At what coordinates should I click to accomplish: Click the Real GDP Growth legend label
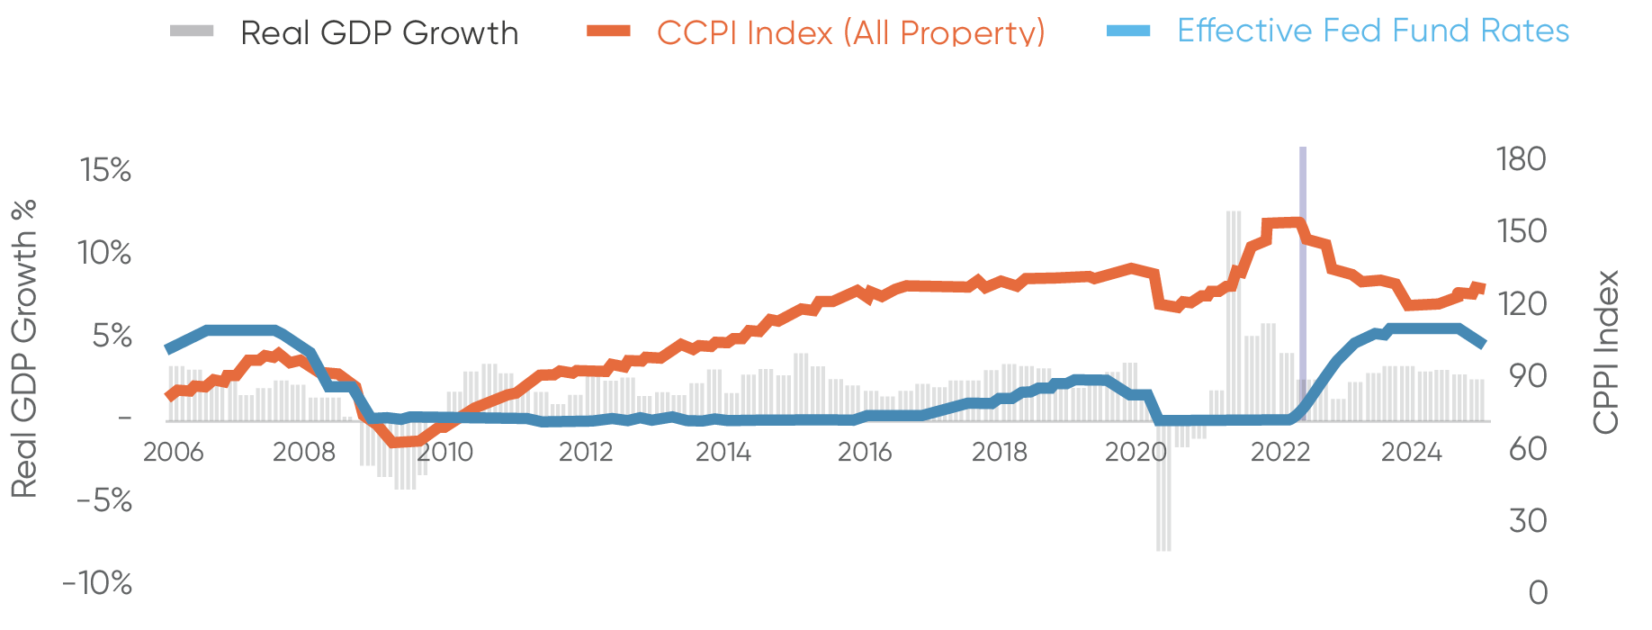click(379, 32)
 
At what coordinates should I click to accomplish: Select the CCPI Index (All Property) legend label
click(850, 32)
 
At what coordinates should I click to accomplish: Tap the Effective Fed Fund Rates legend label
click(1373, 31)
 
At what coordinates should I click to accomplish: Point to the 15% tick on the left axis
click(105, 170)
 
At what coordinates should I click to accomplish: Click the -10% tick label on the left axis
click(97, 583)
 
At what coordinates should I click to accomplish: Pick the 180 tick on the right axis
click(1521, 159)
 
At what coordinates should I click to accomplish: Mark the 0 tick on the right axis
click(1538, 592)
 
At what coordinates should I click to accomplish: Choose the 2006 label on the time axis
click(174, 452)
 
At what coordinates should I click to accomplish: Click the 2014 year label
click(723, 452)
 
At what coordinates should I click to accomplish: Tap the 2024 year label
click(1412, 452)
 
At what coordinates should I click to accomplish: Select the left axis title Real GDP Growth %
click(24, 349)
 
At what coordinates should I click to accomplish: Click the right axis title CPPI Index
click(1606, 352)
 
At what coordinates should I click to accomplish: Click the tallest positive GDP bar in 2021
click(1234, 315)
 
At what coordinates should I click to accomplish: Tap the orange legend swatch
click(608, 31)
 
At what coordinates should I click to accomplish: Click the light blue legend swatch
click(1128, 31)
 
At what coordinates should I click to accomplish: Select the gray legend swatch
click(192, 31)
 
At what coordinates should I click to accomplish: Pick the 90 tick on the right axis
click(1527, 376)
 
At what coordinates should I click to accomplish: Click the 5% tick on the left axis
click(111, 337)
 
